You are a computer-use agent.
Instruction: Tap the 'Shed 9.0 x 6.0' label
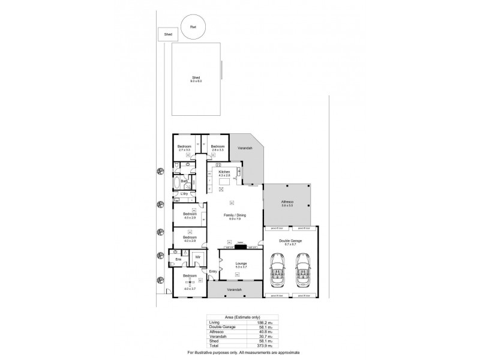(x=196, y=79)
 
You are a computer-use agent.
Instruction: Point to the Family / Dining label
(x=234, y=218)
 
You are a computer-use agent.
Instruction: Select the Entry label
(x=212, y=272)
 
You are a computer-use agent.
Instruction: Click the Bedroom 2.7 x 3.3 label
(x=184, y=148)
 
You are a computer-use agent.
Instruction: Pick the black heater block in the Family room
(x=240, y=245)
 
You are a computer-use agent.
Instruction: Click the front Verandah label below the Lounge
(x=235, y=290)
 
